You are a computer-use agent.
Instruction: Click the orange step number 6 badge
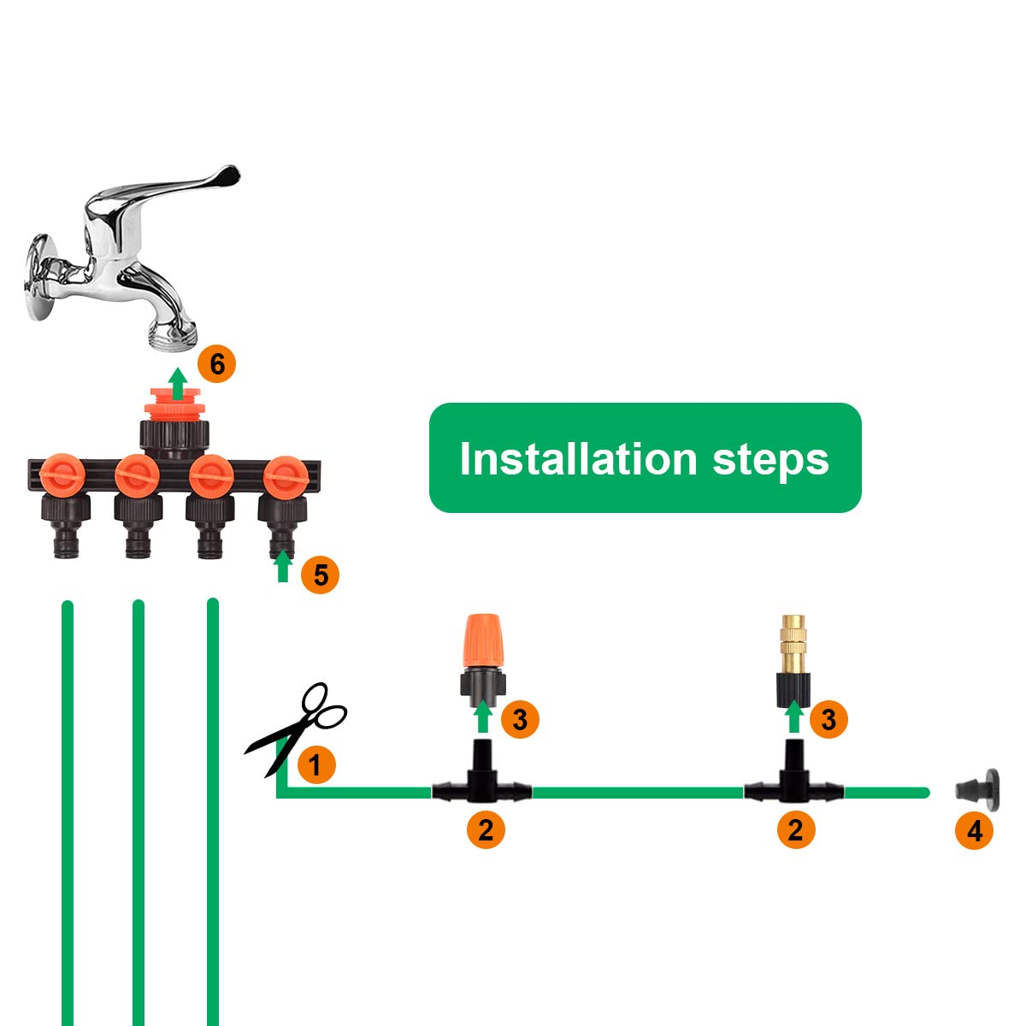216,364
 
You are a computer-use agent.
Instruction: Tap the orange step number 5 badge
321,575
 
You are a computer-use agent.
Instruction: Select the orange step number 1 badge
315,764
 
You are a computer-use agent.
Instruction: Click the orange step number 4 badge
974,830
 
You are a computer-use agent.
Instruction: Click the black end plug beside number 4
976,787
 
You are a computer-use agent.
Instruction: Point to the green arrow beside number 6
178,384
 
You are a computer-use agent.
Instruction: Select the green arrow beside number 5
283,567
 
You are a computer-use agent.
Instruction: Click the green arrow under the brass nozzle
795,716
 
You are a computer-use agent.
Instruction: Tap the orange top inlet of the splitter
174,403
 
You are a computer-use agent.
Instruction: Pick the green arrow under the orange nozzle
483,716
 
